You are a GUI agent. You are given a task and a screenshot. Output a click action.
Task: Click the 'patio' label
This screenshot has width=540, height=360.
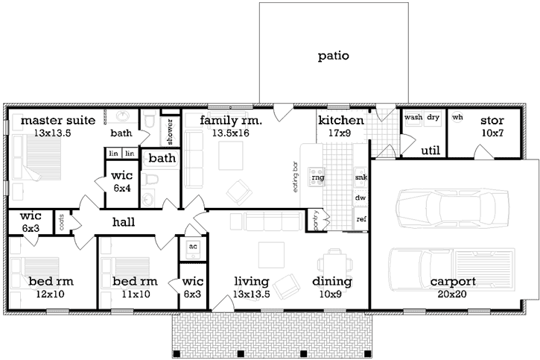pyautogui.click(x=333, y=55)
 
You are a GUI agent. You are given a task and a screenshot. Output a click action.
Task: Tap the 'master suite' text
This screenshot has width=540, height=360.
pyautogui.click(x=57, y=120)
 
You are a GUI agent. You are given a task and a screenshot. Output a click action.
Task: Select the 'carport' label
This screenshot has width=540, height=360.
pyautogui.click(x=453, y=282)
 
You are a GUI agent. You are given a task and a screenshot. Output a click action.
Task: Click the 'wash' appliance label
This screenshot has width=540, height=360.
pyautogui.click(x=413, y=118)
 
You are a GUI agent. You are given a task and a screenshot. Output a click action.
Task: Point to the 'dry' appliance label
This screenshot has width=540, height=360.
pyautogui.click(x=433, y=118)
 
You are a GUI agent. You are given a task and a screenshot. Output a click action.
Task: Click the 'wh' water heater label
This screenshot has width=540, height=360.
pyautogui.click(x=457, y=118)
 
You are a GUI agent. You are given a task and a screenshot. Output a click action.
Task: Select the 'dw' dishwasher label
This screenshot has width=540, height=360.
pyautogui.click(x=361, y=198)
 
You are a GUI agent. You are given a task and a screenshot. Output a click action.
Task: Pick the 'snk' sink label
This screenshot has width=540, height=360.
pyautogui.click(x=361, y=177)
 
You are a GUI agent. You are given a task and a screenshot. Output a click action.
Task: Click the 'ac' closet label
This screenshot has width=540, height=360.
pyautogui.click(x=191, y=247)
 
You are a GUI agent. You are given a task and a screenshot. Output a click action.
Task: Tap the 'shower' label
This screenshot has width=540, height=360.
pyautogui.click(x=169, y=130)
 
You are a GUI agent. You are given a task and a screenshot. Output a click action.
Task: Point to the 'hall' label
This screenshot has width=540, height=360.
pyautogui.click(x=124, y=222)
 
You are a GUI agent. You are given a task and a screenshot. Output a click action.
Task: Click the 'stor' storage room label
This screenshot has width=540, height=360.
pyautogui.click(x=492, y=120)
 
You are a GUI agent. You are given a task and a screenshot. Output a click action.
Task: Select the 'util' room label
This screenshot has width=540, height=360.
pyautogui.click(x=430, y=151)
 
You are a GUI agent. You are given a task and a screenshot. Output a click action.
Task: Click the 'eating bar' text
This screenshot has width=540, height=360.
pyautogui.click(x=296, y=177)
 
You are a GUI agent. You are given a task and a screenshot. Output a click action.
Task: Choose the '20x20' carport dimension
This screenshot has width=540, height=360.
pyautogui.click(x=453, y=294)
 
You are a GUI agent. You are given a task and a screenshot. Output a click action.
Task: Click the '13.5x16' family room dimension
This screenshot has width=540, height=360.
pyautogui.click(x=230, y=133)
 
